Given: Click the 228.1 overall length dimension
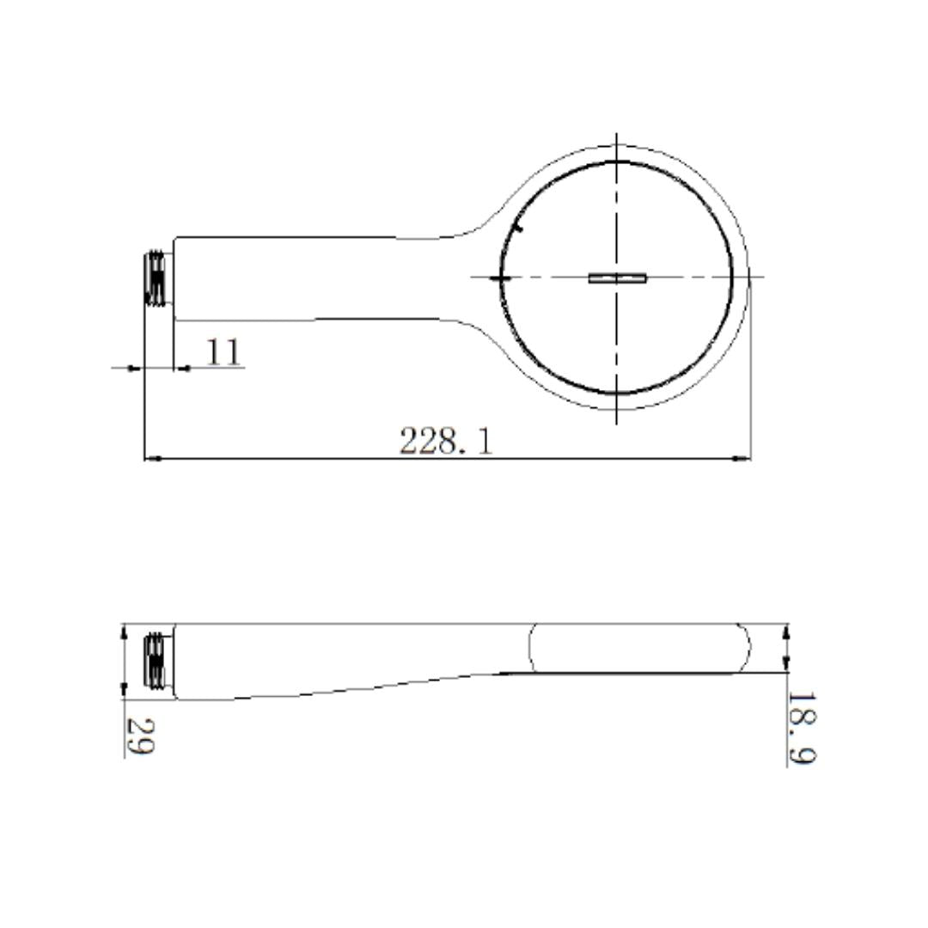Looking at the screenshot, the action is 446,441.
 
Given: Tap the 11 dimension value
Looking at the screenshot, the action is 223,352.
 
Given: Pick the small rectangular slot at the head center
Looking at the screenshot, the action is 617,278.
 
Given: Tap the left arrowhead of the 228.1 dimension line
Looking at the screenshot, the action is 153,458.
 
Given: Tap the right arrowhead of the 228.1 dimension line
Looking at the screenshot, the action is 742,458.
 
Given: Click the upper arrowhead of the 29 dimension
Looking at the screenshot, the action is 123,632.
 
